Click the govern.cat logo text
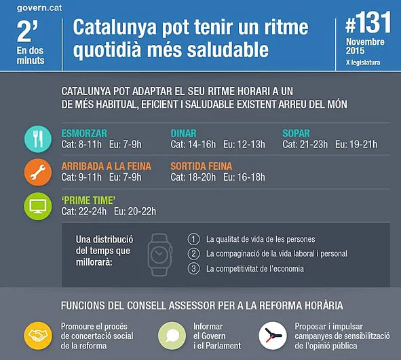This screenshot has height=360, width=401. tap(39, 8)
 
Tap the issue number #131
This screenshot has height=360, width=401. tap(368, 22)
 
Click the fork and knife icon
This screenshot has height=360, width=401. tap(38, 139)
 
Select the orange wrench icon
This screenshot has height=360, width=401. tap(38, 172)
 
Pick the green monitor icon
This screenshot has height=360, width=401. tap(38, 206)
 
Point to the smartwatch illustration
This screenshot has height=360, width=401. tap(159, 255)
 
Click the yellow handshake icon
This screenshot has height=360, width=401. tap(38, 336)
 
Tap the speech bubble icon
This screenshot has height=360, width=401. tap(172, 336)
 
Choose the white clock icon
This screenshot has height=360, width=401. tap(273, 336)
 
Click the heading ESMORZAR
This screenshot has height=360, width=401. tap(84, 133)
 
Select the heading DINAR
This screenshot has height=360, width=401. tap(184, 133)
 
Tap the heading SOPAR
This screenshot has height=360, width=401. tap(296, 133)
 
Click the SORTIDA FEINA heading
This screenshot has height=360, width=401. tap(202, 166)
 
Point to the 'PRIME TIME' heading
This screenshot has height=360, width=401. tap(88, 200)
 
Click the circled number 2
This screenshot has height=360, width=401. tap(193, 254)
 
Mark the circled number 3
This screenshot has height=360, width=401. tap(193, 268)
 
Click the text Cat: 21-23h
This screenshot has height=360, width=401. tap(305, 145)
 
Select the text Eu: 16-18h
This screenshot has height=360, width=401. tap(244, 177)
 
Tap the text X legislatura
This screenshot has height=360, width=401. tap(363, 62)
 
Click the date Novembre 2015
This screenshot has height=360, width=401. tap(365, 46)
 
